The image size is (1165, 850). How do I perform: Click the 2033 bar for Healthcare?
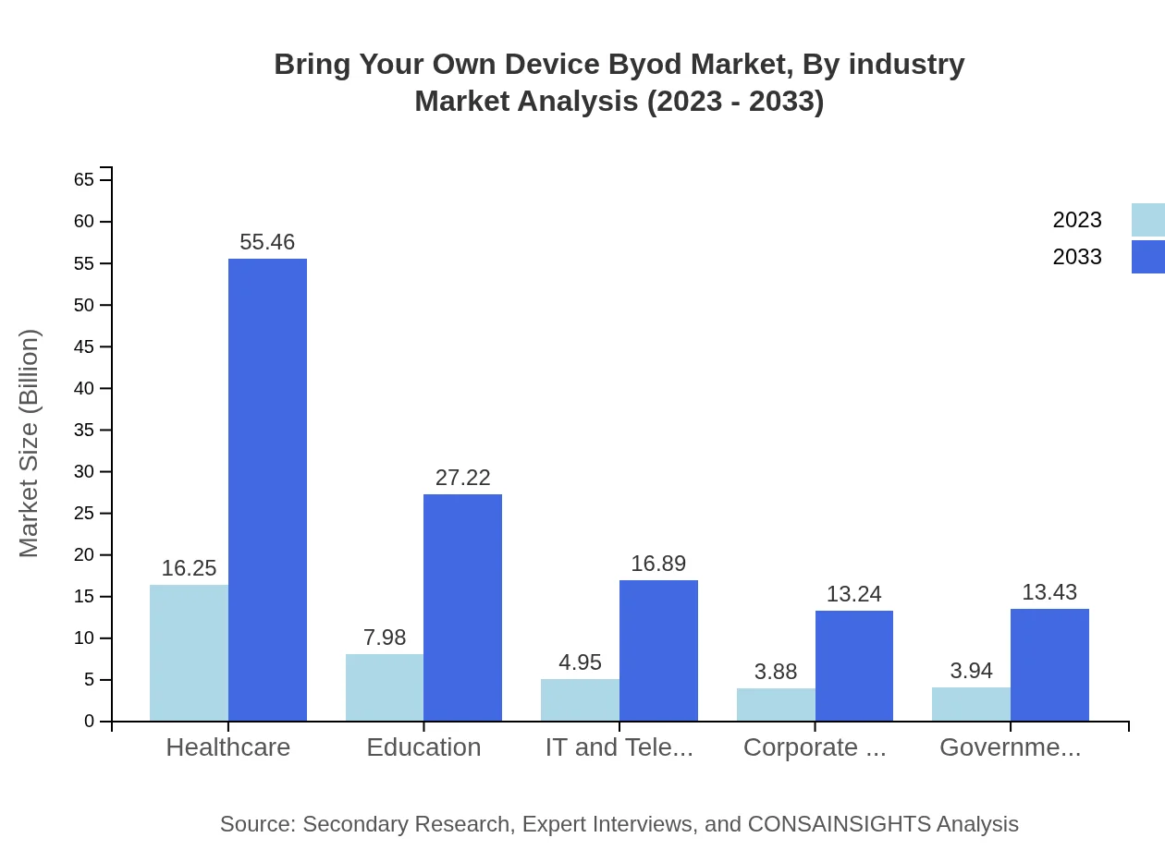click(x=267, y=490)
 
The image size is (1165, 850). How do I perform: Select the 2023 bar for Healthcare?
click(x=189, y=652)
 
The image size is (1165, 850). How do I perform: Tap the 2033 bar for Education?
click(x=462, y=607)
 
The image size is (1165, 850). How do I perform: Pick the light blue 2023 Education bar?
click(x=385, y=687)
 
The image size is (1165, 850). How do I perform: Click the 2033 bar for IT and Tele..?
click(x=658, y=650)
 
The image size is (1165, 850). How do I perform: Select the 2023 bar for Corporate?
click(x=776, y=704)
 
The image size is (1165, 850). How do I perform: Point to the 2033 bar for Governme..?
click(x=1049, y=664)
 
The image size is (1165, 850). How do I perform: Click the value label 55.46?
click(x=267, y=242)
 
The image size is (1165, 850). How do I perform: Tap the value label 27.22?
click(x=462, y=478)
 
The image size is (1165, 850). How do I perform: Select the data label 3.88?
click(x=776, y=672)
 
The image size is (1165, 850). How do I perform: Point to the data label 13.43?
click(x=1049, y=592)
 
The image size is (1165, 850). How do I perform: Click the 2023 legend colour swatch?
click(x=1147, y=220)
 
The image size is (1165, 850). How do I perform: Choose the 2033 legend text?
click(x=1077, y=257)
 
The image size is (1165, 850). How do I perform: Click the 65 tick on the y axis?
click(x=84, y=179)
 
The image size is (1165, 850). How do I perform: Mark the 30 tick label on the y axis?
click(x=84, y=471)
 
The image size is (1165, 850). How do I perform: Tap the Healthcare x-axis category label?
click(x=227, y=747)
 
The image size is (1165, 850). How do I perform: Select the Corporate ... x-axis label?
click(x=815, y=747)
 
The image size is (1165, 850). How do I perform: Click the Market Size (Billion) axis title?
click(x=29, y=443)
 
